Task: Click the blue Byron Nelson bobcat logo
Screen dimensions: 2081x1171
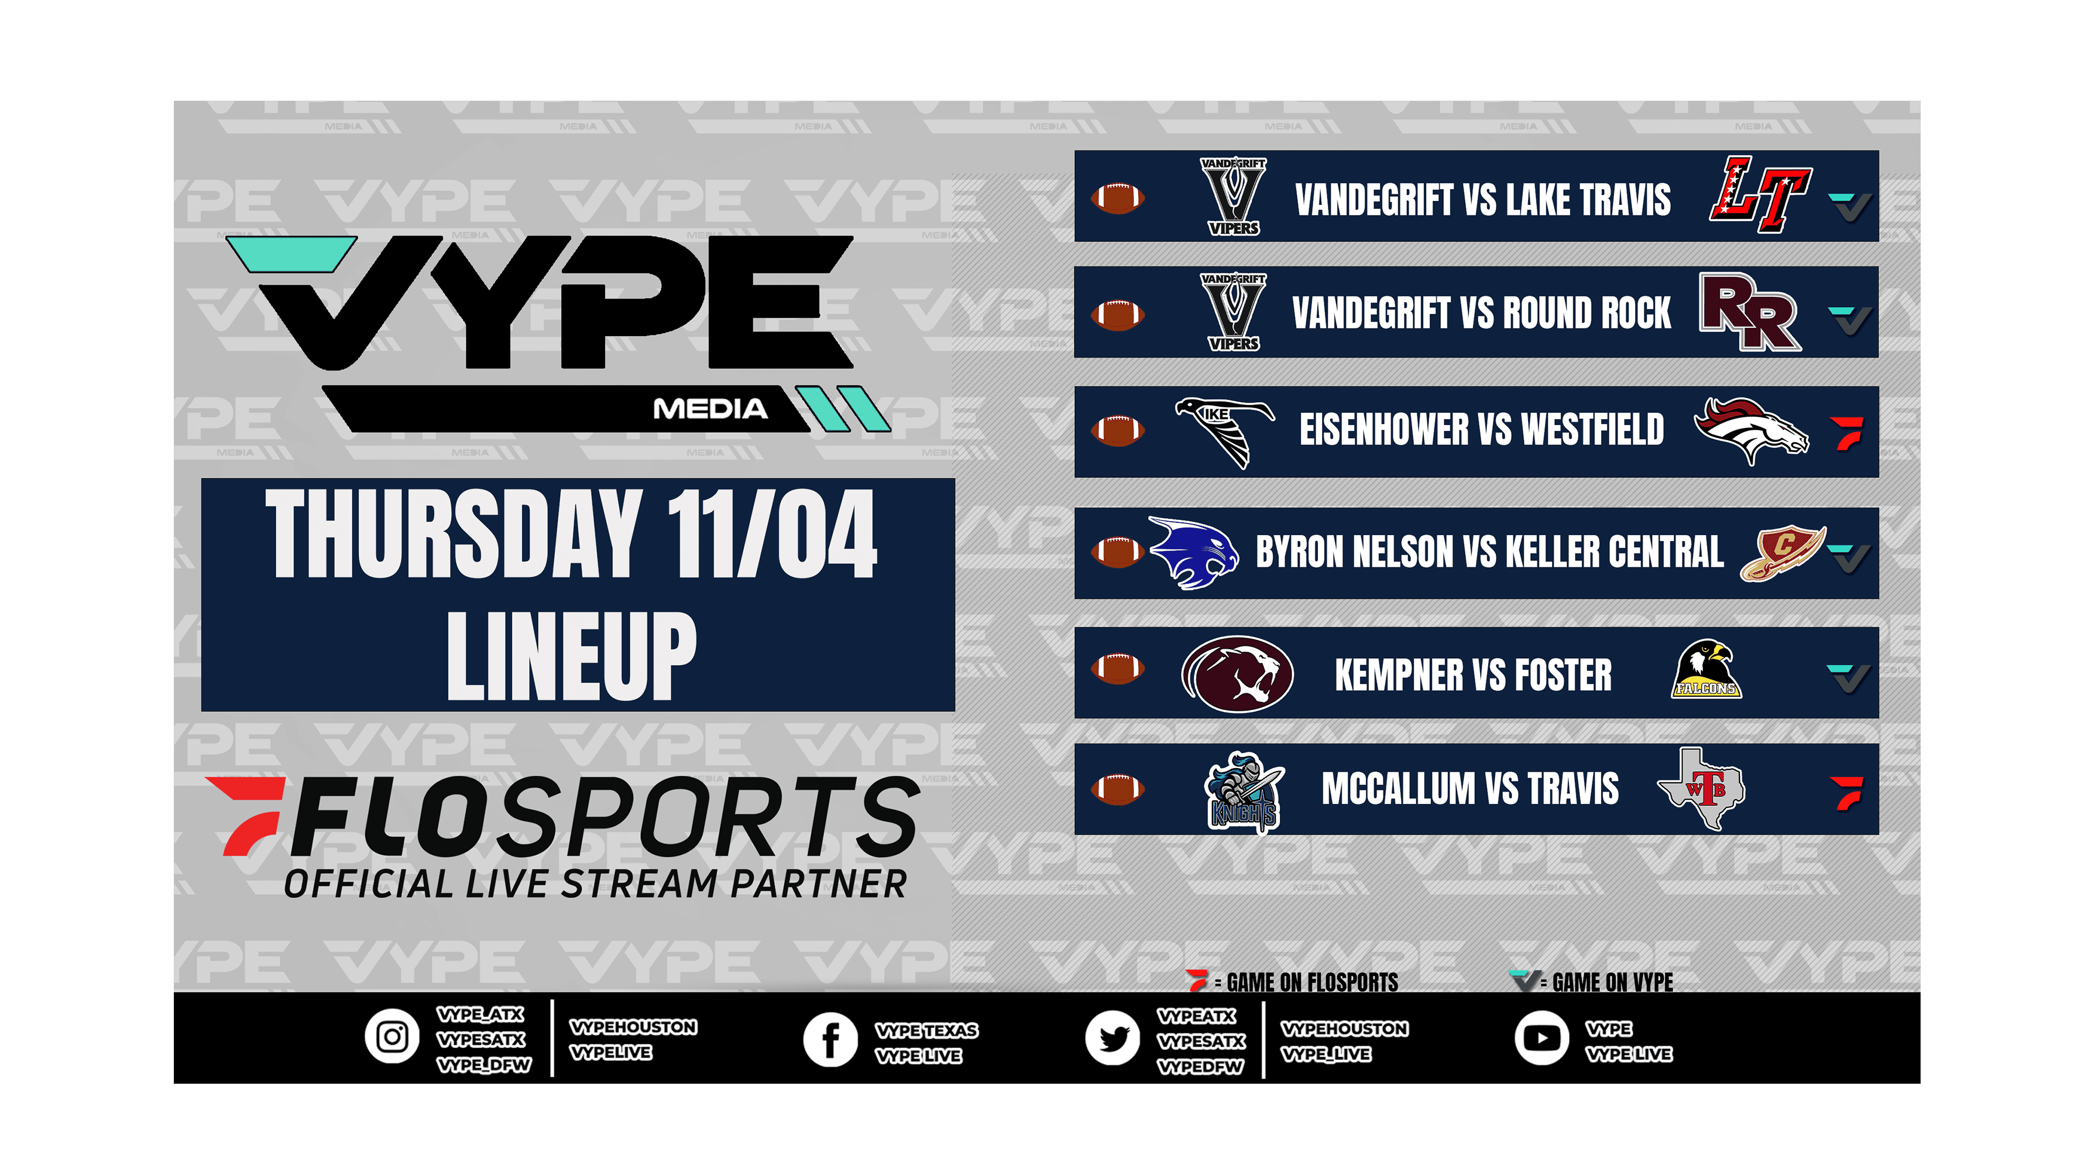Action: (1193, 553)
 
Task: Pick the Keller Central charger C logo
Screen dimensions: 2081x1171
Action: (1782, 553)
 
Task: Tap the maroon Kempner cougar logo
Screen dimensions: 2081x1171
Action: (1237, 674)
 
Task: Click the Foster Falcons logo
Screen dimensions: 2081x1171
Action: (1706, 669)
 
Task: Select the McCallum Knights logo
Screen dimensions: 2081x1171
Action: (1244, 791)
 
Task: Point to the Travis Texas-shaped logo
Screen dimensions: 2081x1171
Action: (1701, 788)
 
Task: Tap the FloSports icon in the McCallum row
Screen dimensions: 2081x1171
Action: (1847, 793)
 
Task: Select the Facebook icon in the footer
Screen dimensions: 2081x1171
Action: (830, 1039)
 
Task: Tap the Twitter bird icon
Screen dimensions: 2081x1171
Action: (1112, 1038)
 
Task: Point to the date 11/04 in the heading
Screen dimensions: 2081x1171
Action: (771, 535)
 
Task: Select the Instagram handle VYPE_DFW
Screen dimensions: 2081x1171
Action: (483, 1065)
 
